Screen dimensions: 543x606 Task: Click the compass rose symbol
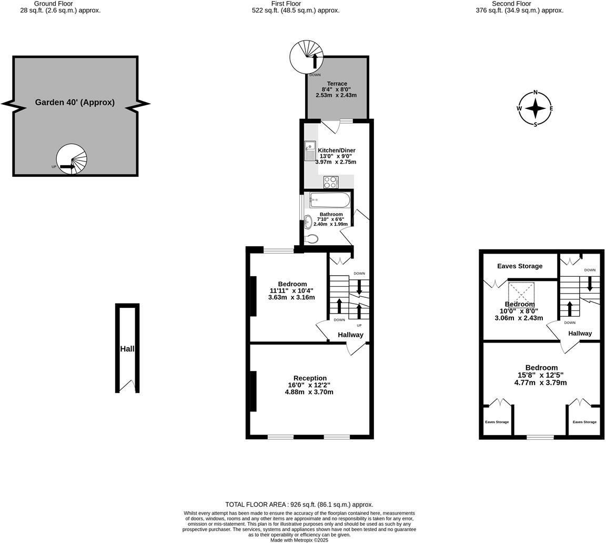click(x=536, y=109)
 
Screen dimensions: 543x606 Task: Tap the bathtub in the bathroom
click(x=330, y=200)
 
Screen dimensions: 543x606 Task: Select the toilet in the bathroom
click(x=311, y=239)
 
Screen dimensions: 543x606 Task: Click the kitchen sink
click(x=310, y=150)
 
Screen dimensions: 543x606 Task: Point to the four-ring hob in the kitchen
click(x=330, y=182)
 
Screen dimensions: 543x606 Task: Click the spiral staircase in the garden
click(x=72, y=159)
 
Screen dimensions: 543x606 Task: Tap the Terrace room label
click(x=337, y=84)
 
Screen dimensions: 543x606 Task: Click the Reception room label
click(x=310, y=378)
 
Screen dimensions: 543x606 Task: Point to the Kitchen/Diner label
click(x=337, y=150)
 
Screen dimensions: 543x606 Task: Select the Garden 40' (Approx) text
click(x=75, y=103)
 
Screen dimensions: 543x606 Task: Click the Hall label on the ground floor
click(x=127, y=349)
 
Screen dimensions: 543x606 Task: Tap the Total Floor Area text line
click(x=299, y=504)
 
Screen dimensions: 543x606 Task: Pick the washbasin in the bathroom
click(x=308, y=222)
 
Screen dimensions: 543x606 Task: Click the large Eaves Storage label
click(x=520, y=266)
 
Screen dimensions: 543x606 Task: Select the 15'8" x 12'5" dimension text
click(x=541, y=375)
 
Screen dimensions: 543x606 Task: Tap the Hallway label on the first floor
click(x=350, y=335)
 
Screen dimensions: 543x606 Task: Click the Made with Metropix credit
click(x=299, y=540)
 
